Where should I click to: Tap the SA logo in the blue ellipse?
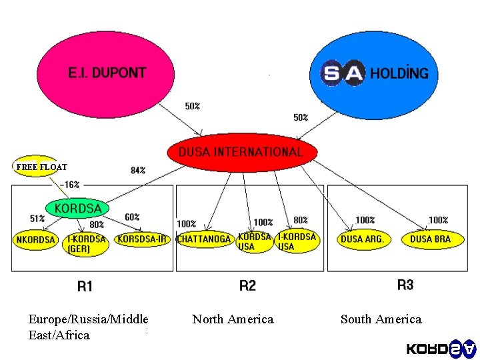coord(343,73)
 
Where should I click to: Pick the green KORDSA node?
coord(78,209)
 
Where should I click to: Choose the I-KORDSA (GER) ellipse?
coord(87,243)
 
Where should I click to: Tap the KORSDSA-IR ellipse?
coord(142,239)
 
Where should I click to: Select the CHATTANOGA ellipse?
coord(204,239)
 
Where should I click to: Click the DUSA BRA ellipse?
coord(431,239)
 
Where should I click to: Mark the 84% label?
coord(138,171)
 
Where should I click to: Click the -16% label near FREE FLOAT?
coord(69,185)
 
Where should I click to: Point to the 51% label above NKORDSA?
coord(37,218)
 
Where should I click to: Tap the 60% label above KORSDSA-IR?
coord(132,217)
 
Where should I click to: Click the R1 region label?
coord(85,287)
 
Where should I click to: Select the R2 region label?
coord(247,286)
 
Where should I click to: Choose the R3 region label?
coord(405,285)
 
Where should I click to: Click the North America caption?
coord(233,319)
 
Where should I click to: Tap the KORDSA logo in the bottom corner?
coord(441,348)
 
